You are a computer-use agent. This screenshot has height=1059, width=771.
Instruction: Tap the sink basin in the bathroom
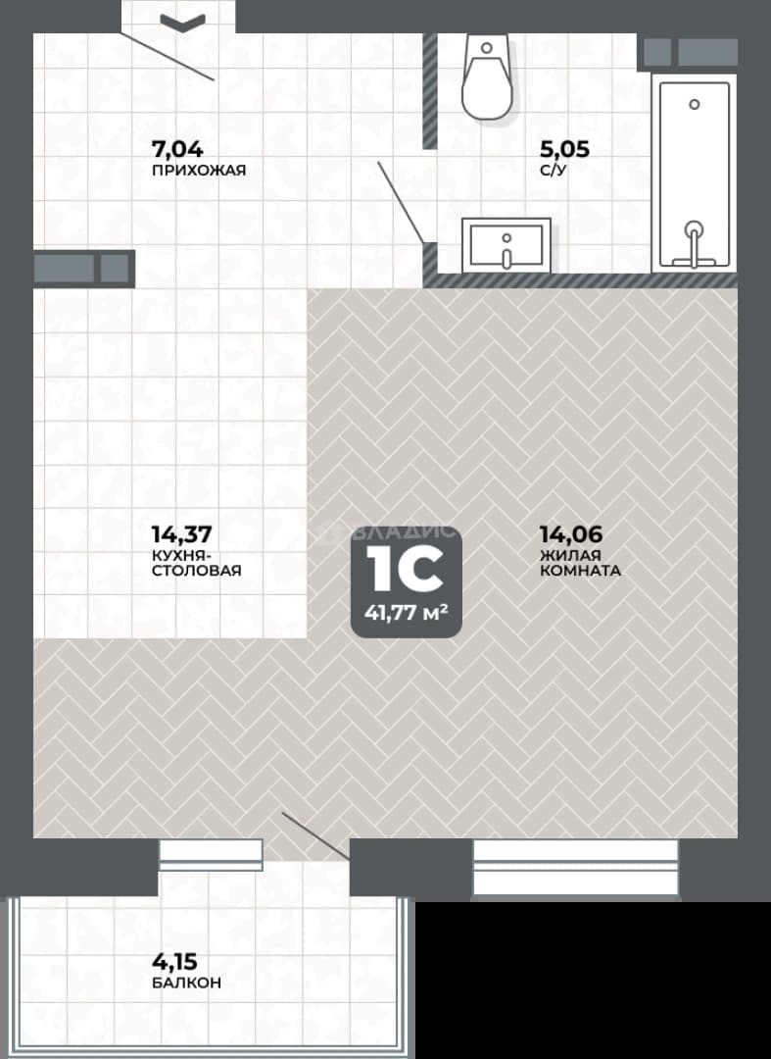pos(506,244)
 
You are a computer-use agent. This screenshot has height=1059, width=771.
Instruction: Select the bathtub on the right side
pos(695,175)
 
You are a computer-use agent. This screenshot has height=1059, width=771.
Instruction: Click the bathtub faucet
pos(694,244)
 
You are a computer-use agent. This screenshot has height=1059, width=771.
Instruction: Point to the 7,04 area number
pos(177,149)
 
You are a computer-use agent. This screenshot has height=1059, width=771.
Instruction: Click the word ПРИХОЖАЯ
pos(199,171)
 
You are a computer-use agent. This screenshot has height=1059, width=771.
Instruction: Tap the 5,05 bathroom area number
pos(564,149)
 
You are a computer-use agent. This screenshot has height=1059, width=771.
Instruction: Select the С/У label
pos(554,171)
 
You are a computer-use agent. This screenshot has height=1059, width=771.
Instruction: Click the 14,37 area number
pos(181,534)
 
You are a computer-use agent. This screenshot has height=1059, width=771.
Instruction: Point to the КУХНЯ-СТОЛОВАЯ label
pos(196,563)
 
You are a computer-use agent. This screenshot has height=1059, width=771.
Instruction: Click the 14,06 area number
pos(571,534)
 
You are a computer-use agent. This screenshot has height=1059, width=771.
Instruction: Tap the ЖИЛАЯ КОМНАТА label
pos(580,563)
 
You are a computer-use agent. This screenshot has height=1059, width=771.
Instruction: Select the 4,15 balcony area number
pos(174,960)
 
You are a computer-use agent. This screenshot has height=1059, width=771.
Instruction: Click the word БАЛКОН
pos(187,982)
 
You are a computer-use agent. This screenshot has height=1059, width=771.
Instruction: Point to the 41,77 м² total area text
pos(407,613)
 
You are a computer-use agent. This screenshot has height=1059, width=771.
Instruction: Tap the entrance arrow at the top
pos(183,23)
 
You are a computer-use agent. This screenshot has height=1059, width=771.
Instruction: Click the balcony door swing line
pos(315,836)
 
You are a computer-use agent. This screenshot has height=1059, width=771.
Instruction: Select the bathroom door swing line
pos(401,202)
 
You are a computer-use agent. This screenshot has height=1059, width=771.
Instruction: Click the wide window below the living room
pos(575,868)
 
